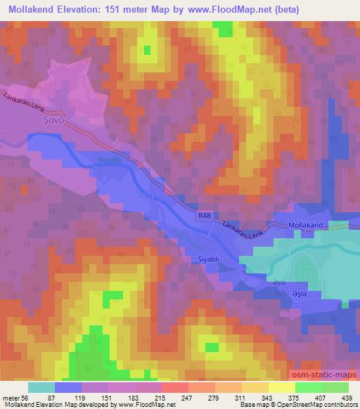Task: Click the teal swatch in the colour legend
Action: [x=41, y=387]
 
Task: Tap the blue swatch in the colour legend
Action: [x=68, y=387]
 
